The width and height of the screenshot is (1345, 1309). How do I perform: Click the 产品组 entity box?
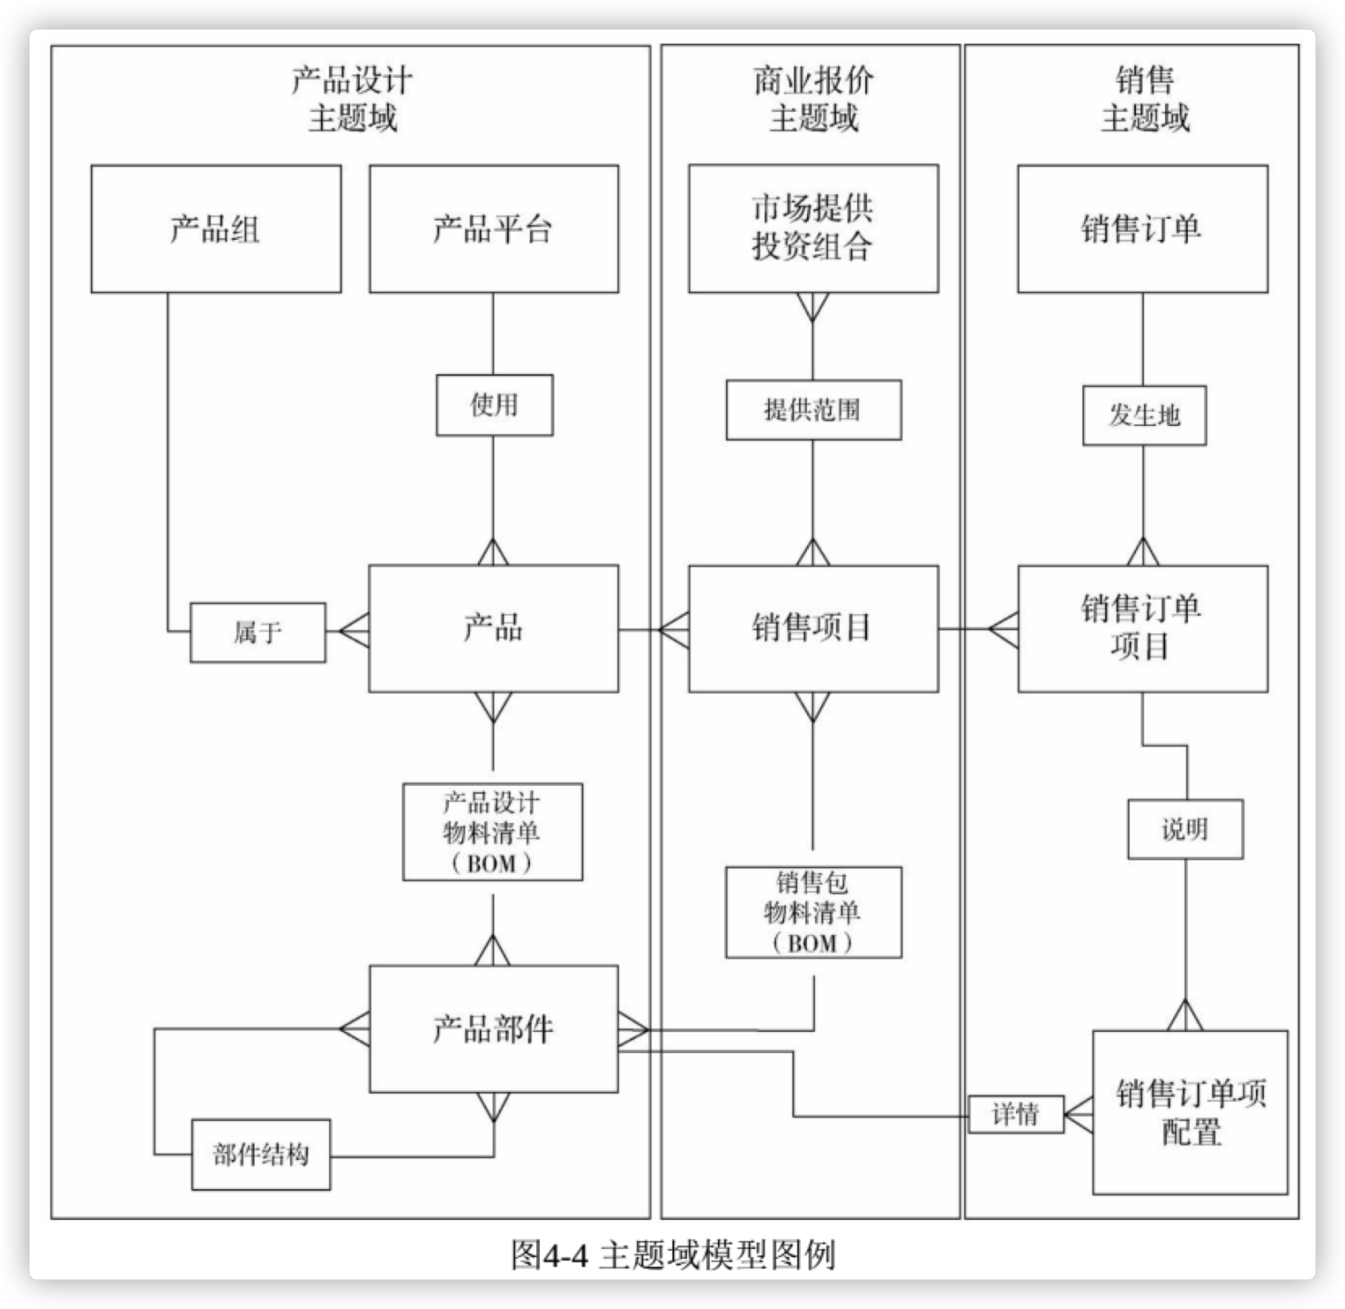click(x=216, y=229)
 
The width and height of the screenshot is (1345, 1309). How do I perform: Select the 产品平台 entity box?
click(x=493, y=229)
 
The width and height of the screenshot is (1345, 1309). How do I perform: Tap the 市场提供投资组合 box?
click(x=813, y=229)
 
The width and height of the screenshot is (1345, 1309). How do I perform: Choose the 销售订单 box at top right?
click(x=1142, y=229)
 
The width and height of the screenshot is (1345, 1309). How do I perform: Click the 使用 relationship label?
click(x=494, y=405)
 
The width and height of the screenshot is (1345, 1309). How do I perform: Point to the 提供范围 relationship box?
click(x=813, y=410)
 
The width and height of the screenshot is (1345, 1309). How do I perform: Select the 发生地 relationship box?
click(x=1144, y=416)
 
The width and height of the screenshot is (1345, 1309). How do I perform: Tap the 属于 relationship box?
click(x=257, y=632)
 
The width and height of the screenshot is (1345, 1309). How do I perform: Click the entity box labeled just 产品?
click(x=493, y=629)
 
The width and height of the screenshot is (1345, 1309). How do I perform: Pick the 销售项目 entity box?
click(x=813, y=629)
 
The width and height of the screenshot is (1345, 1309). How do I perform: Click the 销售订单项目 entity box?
click(x=1142, y=629)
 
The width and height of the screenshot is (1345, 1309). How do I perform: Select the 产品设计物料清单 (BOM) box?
click(x=493, y=832)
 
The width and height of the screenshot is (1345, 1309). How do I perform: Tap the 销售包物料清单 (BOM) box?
click(x=813, y=912)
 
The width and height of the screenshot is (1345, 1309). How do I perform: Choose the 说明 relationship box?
click(x=1185, y=829)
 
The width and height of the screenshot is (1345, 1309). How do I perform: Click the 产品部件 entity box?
click(x=493, y=1029)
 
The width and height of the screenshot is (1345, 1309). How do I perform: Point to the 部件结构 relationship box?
click(x=261, y=1155)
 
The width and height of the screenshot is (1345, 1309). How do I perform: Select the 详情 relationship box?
click(x=1016, y=1114)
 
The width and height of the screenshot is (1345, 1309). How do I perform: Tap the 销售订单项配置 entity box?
click(x=1191, y=1112)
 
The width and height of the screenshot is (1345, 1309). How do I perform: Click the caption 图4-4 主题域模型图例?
click(x=672, y=1255)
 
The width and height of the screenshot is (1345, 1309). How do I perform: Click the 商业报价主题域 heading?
click(x=813, y=99)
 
